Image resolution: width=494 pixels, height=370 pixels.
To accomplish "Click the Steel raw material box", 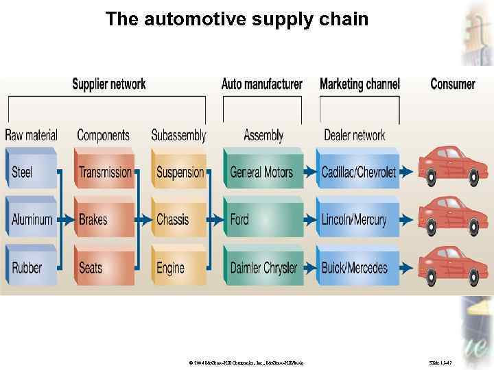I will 32,171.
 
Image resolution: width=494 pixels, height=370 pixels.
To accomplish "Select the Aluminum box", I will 32,219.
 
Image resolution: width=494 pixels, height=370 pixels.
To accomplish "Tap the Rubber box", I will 32,267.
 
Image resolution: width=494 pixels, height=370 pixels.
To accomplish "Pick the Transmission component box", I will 105,171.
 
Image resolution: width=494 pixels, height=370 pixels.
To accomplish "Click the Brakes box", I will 105,219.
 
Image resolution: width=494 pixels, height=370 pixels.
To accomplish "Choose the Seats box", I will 105,267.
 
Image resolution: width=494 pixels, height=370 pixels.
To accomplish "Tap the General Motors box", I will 263,171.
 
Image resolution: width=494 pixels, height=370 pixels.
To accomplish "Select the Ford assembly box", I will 263,219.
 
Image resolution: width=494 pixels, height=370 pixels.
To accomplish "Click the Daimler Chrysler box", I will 263,267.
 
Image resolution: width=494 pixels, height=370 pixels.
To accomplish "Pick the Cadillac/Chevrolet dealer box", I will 358,171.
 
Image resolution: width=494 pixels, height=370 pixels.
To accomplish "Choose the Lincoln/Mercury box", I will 358,219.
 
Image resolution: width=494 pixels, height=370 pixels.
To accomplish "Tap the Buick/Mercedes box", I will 358,267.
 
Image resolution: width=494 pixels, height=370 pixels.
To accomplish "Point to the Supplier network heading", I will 109,84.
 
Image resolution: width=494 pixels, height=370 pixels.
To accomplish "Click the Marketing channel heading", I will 360,84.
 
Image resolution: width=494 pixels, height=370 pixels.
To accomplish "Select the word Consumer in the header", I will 452,84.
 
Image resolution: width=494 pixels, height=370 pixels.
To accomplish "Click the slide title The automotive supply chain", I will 237,19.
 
